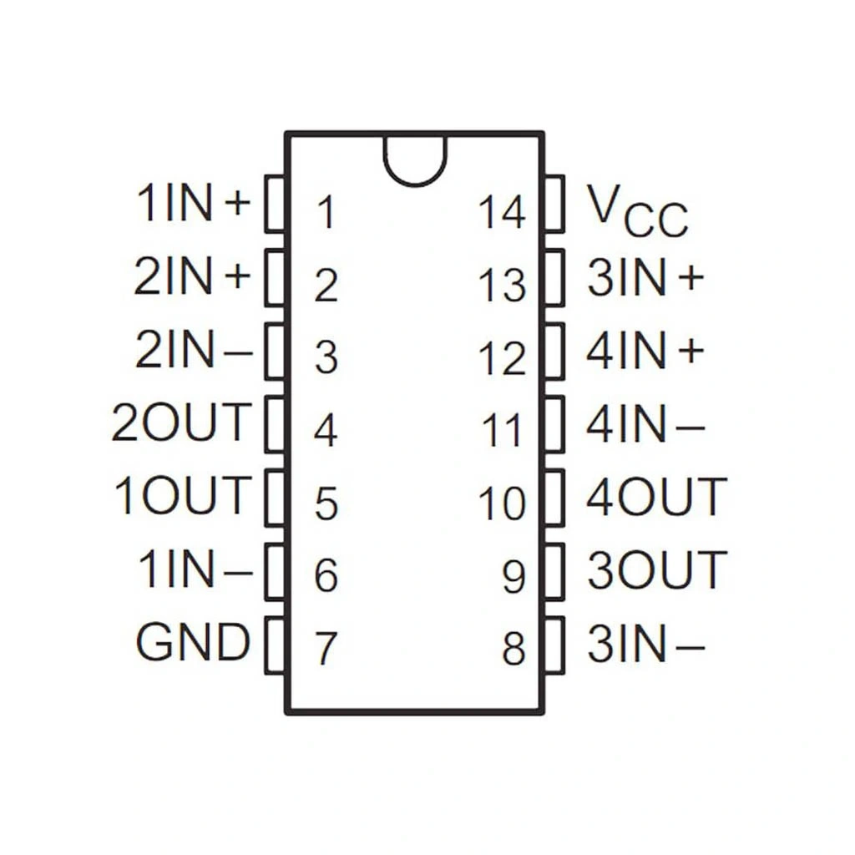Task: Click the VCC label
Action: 636,210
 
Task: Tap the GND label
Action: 193,643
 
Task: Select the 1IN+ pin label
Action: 194,204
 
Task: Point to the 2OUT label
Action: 181,422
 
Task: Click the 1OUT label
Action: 183,495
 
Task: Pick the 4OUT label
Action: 656,498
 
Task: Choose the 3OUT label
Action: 656,571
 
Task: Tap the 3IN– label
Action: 645,645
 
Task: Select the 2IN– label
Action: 193,351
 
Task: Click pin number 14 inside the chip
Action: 503,212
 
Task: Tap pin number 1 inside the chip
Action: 326,212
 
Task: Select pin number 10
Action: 503,503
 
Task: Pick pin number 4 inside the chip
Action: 326,432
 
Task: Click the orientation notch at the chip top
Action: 415,159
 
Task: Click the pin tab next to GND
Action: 275,645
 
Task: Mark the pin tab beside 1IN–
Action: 275,572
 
